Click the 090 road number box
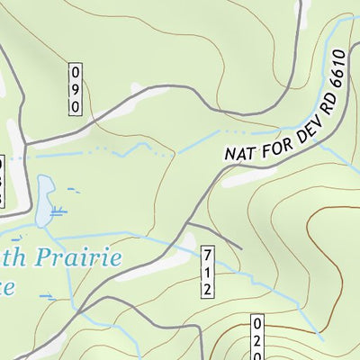(76, 88)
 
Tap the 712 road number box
(207, 271)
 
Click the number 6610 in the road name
(336, 71)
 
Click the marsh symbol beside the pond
(60, 213)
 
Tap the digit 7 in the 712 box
(207, 254)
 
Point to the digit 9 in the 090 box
(76, 88)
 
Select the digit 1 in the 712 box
(207, 271)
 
